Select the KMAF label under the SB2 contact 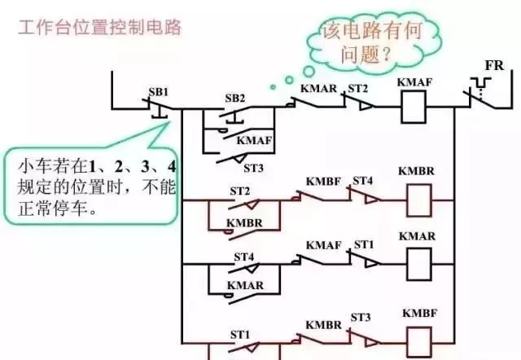pyautogui.click(x=254, y=140)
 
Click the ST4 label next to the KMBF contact pyautogui.click(x=362, y=179)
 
